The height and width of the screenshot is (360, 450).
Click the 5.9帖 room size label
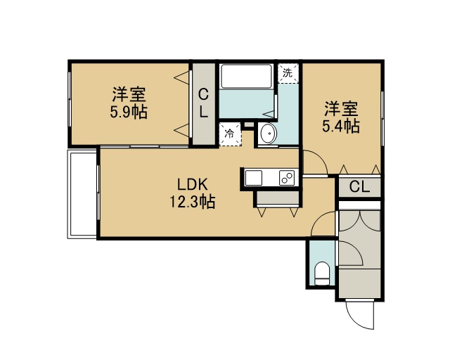pos(129,112)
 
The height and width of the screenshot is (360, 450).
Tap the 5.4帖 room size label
pos(341,127)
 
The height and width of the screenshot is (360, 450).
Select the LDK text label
pos(192,185)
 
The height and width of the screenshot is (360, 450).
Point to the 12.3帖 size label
pos(192,202)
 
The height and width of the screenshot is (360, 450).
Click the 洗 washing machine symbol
pos(288,74)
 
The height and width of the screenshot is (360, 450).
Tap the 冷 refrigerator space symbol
pos(230,134)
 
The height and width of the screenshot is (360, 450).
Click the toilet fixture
pos(321,274)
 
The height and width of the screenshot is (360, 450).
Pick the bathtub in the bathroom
pos(246,76)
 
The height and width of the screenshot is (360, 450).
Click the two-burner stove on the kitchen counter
pos(287,178)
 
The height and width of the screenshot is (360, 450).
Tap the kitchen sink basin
pos(254,178)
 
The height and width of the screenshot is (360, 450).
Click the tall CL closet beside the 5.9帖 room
pos(203,103)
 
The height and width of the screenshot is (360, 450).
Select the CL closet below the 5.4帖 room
pos(359,188)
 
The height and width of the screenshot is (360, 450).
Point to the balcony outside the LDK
pos(82,194)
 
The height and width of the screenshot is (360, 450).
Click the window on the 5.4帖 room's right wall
pos(382,118)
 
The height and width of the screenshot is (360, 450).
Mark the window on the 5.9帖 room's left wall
pos(70,99)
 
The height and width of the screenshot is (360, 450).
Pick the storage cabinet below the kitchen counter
pos(278,198)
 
